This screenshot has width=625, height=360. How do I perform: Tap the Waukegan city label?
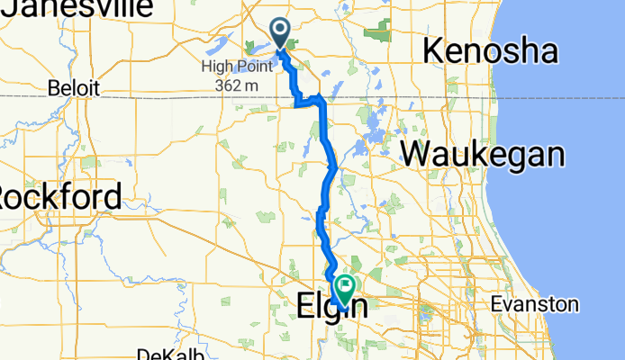click(483, 155)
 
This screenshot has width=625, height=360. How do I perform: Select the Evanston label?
click(534, 305)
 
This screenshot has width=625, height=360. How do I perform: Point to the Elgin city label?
click(331, 308)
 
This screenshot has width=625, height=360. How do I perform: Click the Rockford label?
click(59, 196)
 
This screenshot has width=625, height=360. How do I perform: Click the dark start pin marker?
click(280, 34)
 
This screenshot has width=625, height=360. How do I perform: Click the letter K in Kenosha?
click(433, 51)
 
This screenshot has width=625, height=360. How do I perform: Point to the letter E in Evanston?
click(496, 305)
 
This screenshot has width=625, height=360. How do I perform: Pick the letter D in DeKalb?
click(142, 354)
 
